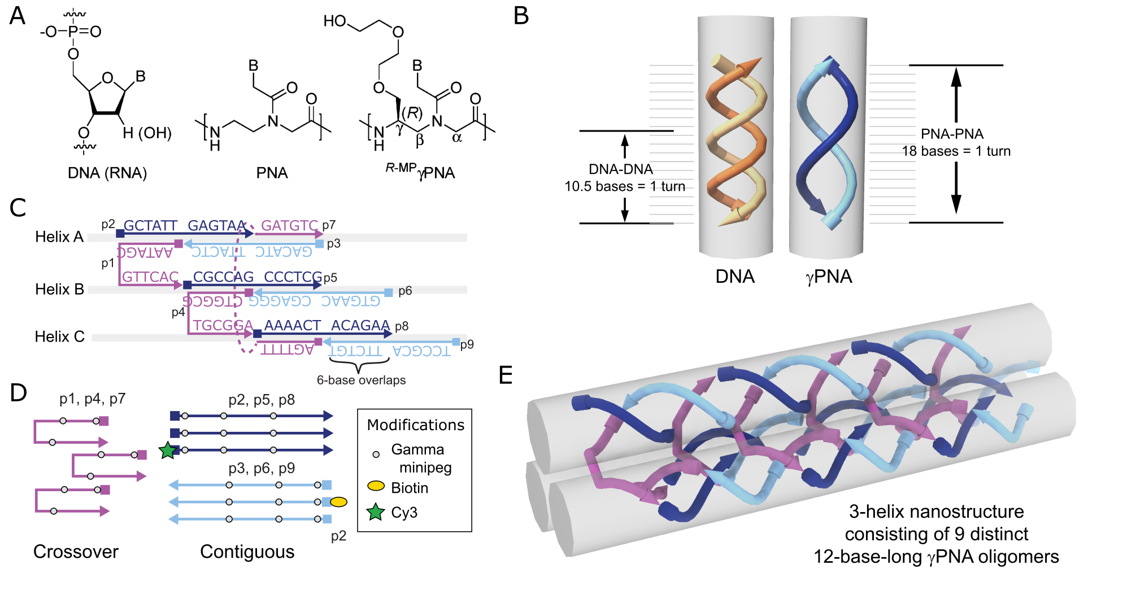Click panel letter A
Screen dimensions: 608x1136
point(18,16)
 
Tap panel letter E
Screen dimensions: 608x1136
point(506,375)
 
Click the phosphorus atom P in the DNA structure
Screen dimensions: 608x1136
point(72,32)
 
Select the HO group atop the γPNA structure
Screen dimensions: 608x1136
point(334,21)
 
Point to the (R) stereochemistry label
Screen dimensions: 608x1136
point(412,112)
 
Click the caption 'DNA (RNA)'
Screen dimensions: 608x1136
point(107,173)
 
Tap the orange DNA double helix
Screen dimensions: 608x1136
point(736,141)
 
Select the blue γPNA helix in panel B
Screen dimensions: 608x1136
point(828,141)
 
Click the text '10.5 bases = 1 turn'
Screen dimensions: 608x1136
point(625,186)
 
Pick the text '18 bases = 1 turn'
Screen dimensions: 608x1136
point(956,151)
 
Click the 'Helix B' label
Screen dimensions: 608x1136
point(59,289)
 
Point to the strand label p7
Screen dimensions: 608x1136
point(329,225)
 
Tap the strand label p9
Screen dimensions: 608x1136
point(467,344)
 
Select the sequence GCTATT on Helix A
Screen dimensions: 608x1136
point(150,225)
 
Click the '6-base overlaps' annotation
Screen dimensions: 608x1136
point(361,380)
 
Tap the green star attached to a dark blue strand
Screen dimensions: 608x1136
point(168,450)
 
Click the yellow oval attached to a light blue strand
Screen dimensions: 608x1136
point(338,502)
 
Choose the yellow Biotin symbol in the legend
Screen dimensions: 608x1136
point(376,486)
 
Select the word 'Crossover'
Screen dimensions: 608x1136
point(76,552)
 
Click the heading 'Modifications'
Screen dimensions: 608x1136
point(415,425)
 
